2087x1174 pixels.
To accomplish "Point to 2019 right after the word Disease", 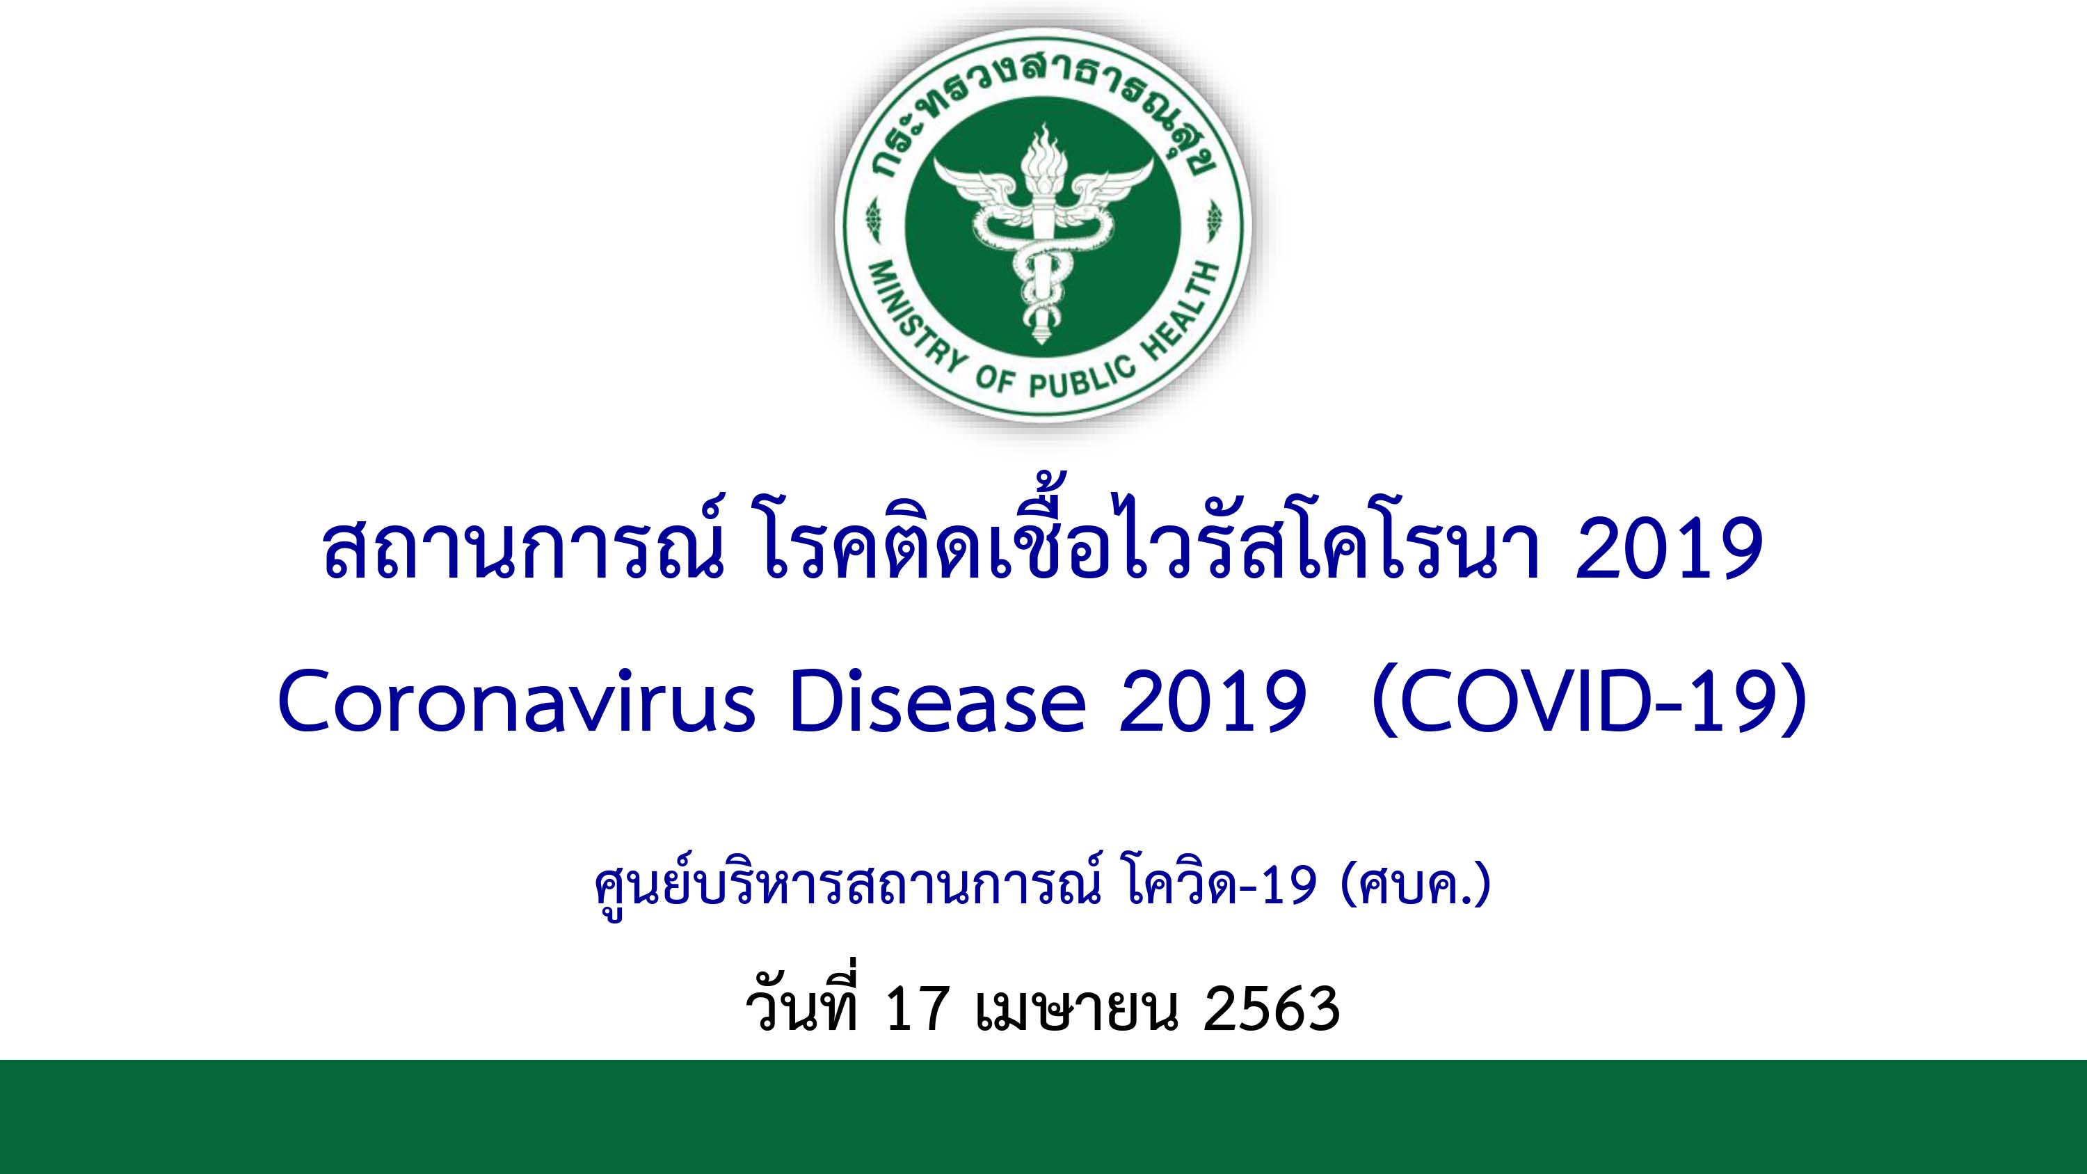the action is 1212,701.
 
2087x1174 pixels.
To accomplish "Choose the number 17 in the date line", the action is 917,1008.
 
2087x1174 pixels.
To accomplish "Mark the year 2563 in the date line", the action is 1272,1008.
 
